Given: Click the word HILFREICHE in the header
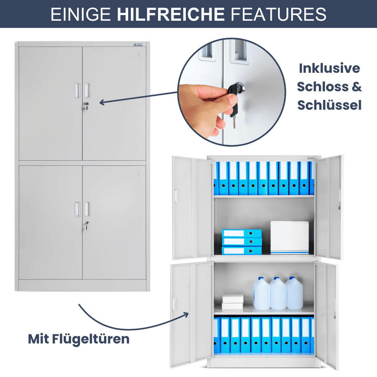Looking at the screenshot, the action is click(171, 14).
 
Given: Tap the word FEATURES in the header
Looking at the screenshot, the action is click(279, 14).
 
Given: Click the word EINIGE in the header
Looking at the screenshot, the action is click(80, 14).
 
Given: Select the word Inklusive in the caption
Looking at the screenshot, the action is click(330, 68).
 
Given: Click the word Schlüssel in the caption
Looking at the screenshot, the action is click(330, 105).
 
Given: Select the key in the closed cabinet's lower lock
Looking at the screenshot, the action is click(87, 226).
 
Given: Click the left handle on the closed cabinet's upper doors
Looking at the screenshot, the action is click(78, 90).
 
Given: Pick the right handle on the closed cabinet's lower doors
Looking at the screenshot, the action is click(87, 209).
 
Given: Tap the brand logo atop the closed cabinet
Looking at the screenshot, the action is click(138, 45).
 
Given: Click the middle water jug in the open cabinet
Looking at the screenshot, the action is click(278, 293).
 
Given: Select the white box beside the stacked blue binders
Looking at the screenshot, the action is click(290, 237).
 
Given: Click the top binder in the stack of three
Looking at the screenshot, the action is click(242, 233).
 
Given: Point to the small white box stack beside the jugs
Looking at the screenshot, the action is click(233, 302).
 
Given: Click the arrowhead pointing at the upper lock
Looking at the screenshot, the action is click(102, 102).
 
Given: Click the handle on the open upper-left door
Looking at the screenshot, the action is click(176, 196).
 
